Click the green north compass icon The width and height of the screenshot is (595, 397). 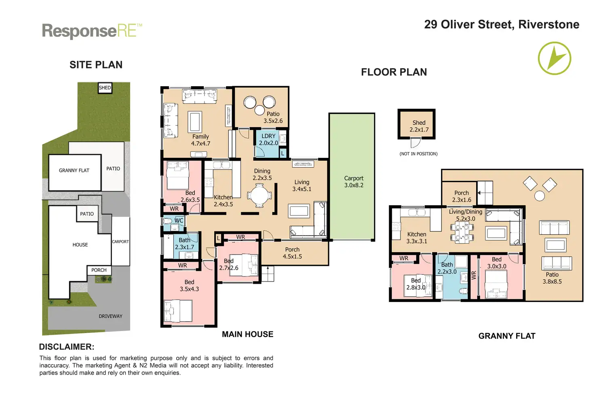tap(554, 58)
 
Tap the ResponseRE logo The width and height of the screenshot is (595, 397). tap(92, 31)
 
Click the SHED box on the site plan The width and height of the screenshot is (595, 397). tap(105, 88)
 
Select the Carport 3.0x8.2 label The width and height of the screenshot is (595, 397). tap(354, 182)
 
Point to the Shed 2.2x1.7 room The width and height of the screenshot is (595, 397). tap(416, 124)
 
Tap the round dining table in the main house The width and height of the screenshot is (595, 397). tap(259, 195)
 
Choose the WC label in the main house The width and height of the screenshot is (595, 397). tap(179, 221)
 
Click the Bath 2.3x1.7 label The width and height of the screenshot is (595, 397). tap(184, 244)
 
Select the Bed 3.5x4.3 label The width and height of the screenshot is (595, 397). tap(189, 285)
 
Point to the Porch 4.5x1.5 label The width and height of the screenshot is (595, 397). tap(292, 253)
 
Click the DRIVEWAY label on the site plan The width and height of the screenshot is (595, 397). tap(110, 316)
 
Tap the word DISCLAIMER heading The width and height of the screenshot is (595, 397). tap(67, 347)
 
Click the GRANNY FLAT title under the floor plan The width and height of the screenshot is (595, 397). tap(507, 336)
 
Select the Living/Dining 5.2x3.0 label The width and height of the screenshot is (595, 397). tap(465, 215)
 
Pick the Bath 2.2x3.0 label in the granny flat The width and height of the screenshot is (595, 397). tap(447, 268)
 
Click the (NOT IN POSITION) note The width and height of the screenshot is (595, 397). tap(418, 154)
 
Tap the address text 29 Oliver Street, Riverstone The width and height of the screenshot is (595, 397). tap(502, 24)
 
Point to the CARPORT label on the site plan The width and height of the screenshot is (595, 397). tap(120, 242)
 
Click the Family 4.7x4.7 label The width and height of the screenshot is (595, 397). tap(200, 140)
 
